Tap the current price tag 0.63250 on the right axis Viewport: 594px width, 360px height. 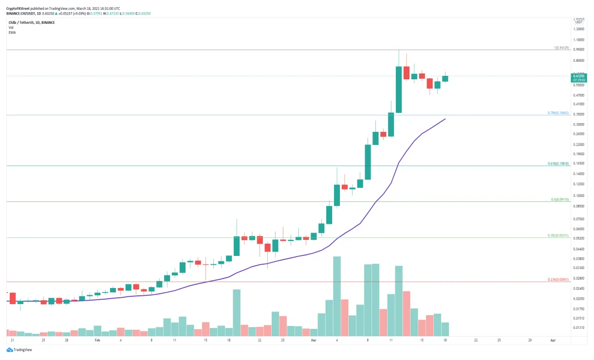pos(579,76)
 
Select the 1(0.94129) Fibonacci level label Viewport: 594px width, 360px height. pos(561,48)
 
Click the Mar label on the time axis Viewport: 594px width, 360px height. pos(314,341)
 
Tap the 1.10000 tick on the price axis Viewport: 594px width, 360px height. pos(578,39)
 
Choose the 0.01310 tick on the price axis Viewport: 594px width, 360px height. pos(578,327)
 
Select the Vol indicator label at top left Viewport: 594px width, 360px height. pos(11,28)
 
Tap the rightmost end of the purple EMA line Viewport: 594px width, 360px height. pos(445,119)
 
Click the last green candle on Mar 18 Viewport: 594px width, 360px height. pos(445,79)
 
